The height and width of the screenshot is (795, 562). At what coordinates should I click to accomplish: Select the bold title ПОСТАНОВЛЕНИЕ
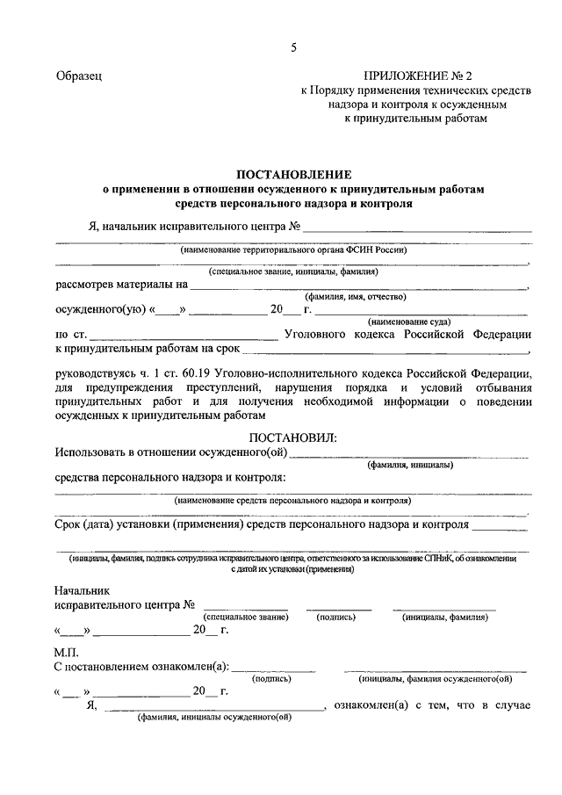[293, 175]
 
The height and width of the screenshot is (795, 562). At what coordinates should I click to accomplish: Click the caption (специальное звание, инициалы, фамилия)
[293, 271]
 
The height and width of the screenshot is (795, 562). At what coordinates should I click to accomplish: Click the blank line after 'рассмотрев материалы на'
[360, 287]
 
